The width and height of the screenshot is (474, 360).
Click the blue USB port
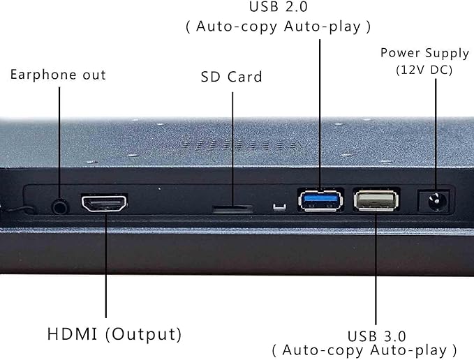coord(320,200)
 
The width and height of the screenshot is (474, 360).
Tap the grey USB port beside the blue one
coord(376,200)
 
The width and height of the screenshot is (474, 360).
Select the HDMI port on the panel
coord(104,203)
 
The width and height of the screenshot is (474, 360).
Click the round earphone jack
coord(60,207)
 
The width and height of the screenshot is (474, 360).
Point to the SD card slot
coord(232,209)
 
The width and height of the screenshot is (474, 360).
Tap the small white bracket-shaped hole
coord(279,207)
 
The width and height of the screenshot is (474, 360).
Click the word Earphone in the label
coord(43,75)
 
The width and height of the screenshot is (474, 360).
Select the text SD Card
coord(231,77)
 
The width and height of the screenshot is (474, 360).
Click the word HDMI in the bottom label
coord(72,334)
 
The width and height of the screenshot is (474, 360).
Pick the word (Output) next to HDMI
coord(144,335)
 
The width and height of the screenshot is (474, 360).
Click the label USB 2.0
coord(278,7)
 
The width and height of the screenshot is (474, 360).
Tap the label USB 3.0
coord(377,336)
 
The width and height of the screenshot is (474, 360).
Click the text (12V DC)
coord(424,70)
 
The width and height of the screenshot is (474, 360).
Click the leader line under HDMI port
coord(106,264)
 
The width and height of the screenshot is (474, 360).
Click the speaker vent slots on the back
coord(240,145)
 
